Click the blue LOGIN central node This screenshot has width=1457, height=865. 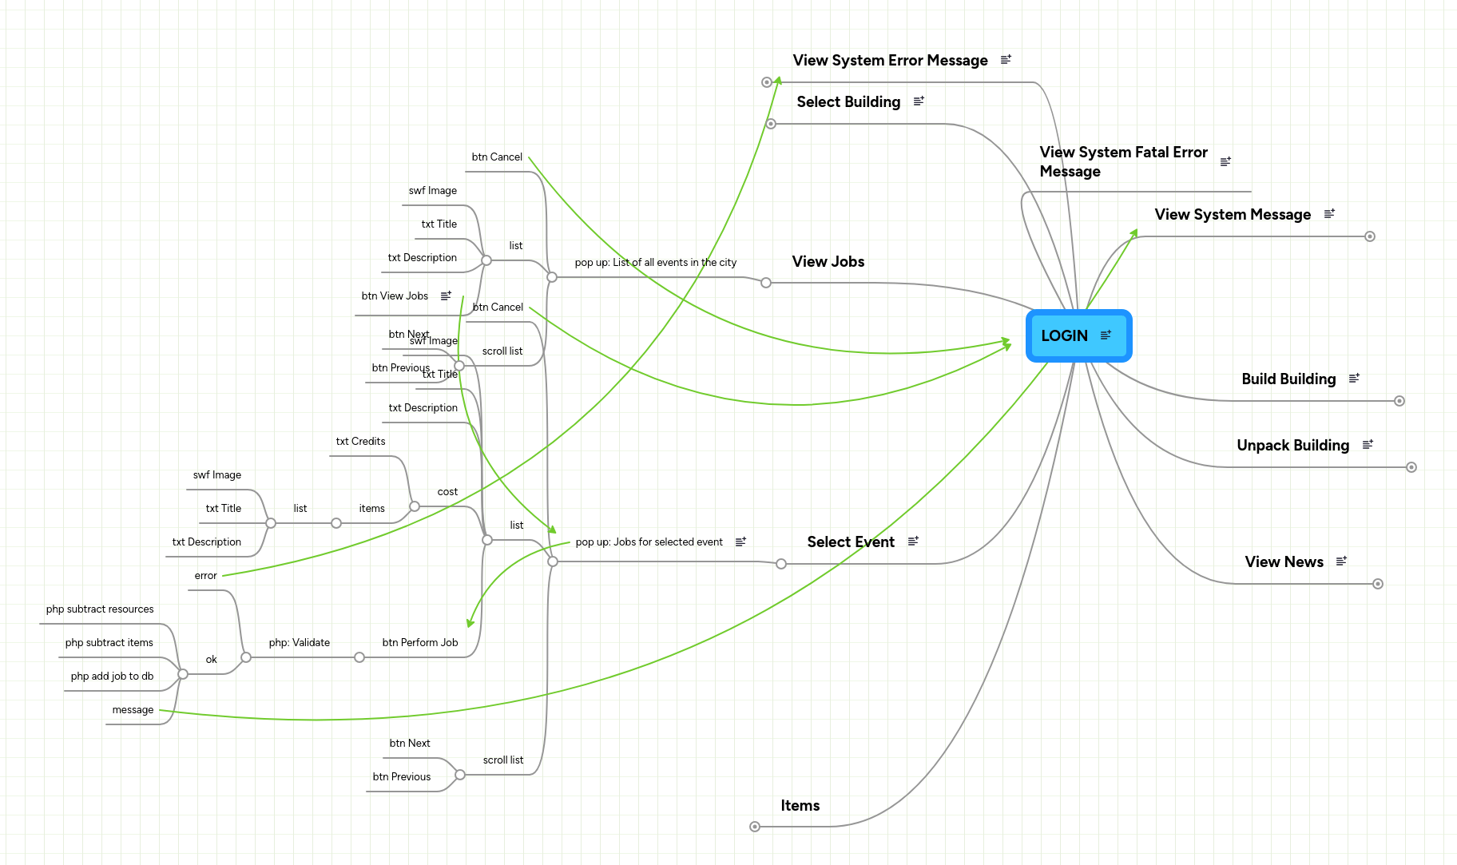tap(1065, 335)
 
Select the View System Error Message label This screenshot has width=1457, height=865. tap(890, 61)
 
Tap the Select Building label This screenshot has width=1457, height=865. tap(848, 102)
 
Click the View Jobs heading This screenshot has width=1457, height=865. tap(828, 262)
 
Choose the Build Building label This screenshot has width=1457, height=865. tap(1288, 379)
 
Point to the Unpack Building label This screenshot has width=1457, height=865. tap(1292, 446)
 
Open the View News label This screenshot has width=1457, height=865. tap(1284, 562)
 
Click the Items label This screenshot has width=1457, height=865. tap(800, 806)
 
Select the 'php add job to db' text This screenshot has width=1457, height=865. tap(112, 677)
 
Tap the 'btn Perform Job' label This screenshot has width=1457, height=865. tap(420, 643)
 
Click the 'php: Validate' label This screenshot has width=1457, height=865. tap(300, 643)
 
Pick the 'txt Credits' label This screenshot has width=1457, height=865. tap(360, 442)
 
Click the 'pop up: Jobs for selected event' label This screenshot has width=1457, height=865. tap(649, 542)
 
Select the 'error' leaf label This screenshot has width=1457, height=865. tap(205, 576)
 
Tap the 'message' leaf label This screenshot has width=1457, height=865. tap(133, 710)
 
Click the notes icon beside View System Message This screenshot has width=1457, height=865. tap(1329, 214)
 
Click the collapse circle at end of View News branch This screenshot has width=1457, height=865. tap(1378, 584)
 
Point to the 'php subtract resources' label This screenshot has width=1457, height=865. tap(100, 609)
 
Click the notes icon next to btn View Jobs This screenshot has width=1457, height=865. tap(446, 296)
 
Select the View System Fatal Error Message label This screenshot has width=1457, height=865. tap(1123, 162)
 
